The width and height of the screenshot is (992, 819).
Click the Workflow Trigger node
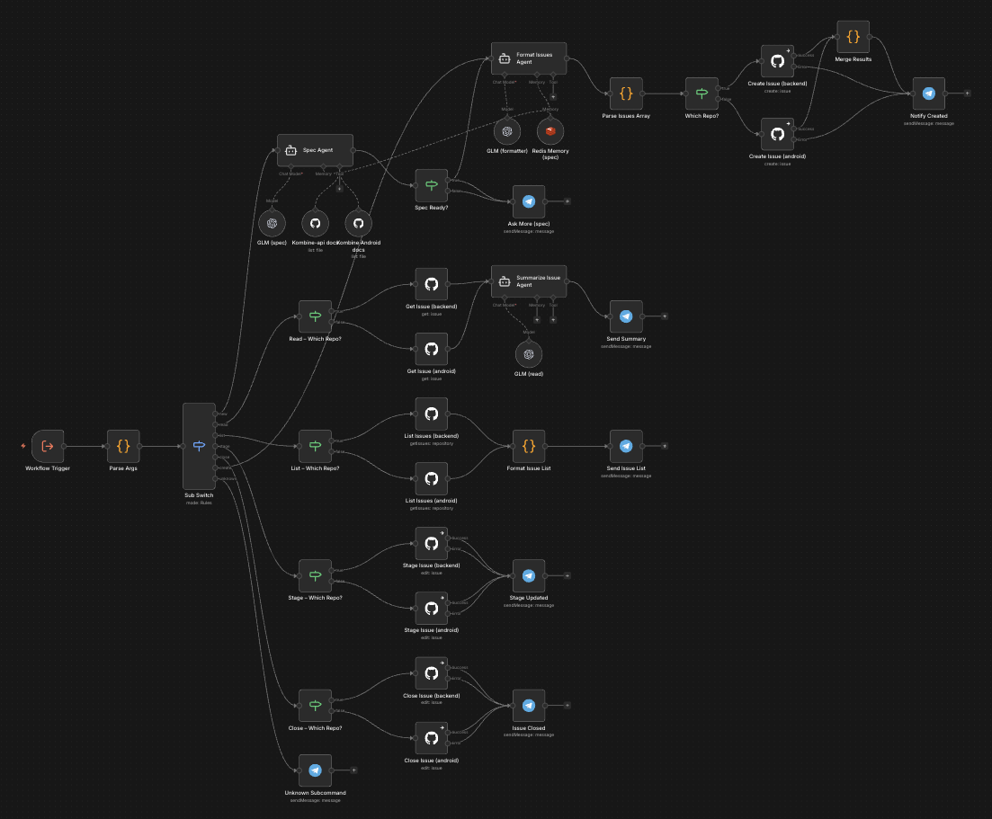[48, 445]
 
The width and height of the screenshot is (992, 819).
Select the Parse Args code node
[123, 445]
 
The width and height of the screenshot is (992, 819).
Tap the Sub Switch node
[199, 445]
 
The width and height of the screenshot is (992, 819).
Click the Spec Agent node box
[315, 150]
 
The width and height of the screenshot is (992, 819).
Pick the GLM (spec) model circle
[272, 222]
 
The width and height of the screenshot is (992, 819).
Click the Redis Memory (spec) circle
[550, 131]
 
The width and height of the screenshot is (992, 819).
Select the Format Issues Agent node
[528, 59]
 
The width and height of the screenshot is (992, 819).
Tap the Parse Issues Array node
[626, 93]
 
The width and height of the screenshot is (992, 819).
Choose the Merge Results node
[853, 38]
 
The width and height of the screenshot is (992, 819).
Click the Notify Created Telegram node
[929, 93]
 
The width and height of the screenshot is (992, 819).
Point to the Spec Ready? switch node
[431, 185]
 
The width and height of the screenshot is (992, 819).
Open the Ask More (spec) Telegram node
[529, 201]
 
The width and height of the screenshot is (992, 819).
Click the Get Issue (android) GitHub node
[431, 349]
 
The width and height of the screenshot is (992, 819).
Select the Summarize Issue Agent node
[528, 283]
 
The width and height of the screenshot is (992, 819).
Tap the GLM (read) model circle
[529, 354]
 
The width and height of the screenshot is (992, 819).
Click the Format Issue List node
[529, 446]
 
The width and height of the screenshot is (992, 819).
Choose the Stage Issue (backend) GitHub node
[431, 544]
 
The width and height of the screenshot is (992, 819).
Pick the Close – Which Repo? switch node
[315, 706]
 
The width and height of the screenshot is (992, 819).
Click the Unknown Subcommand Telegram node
[315, 770]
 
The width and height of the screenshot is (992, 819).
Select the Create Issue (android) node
[777, 134]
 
